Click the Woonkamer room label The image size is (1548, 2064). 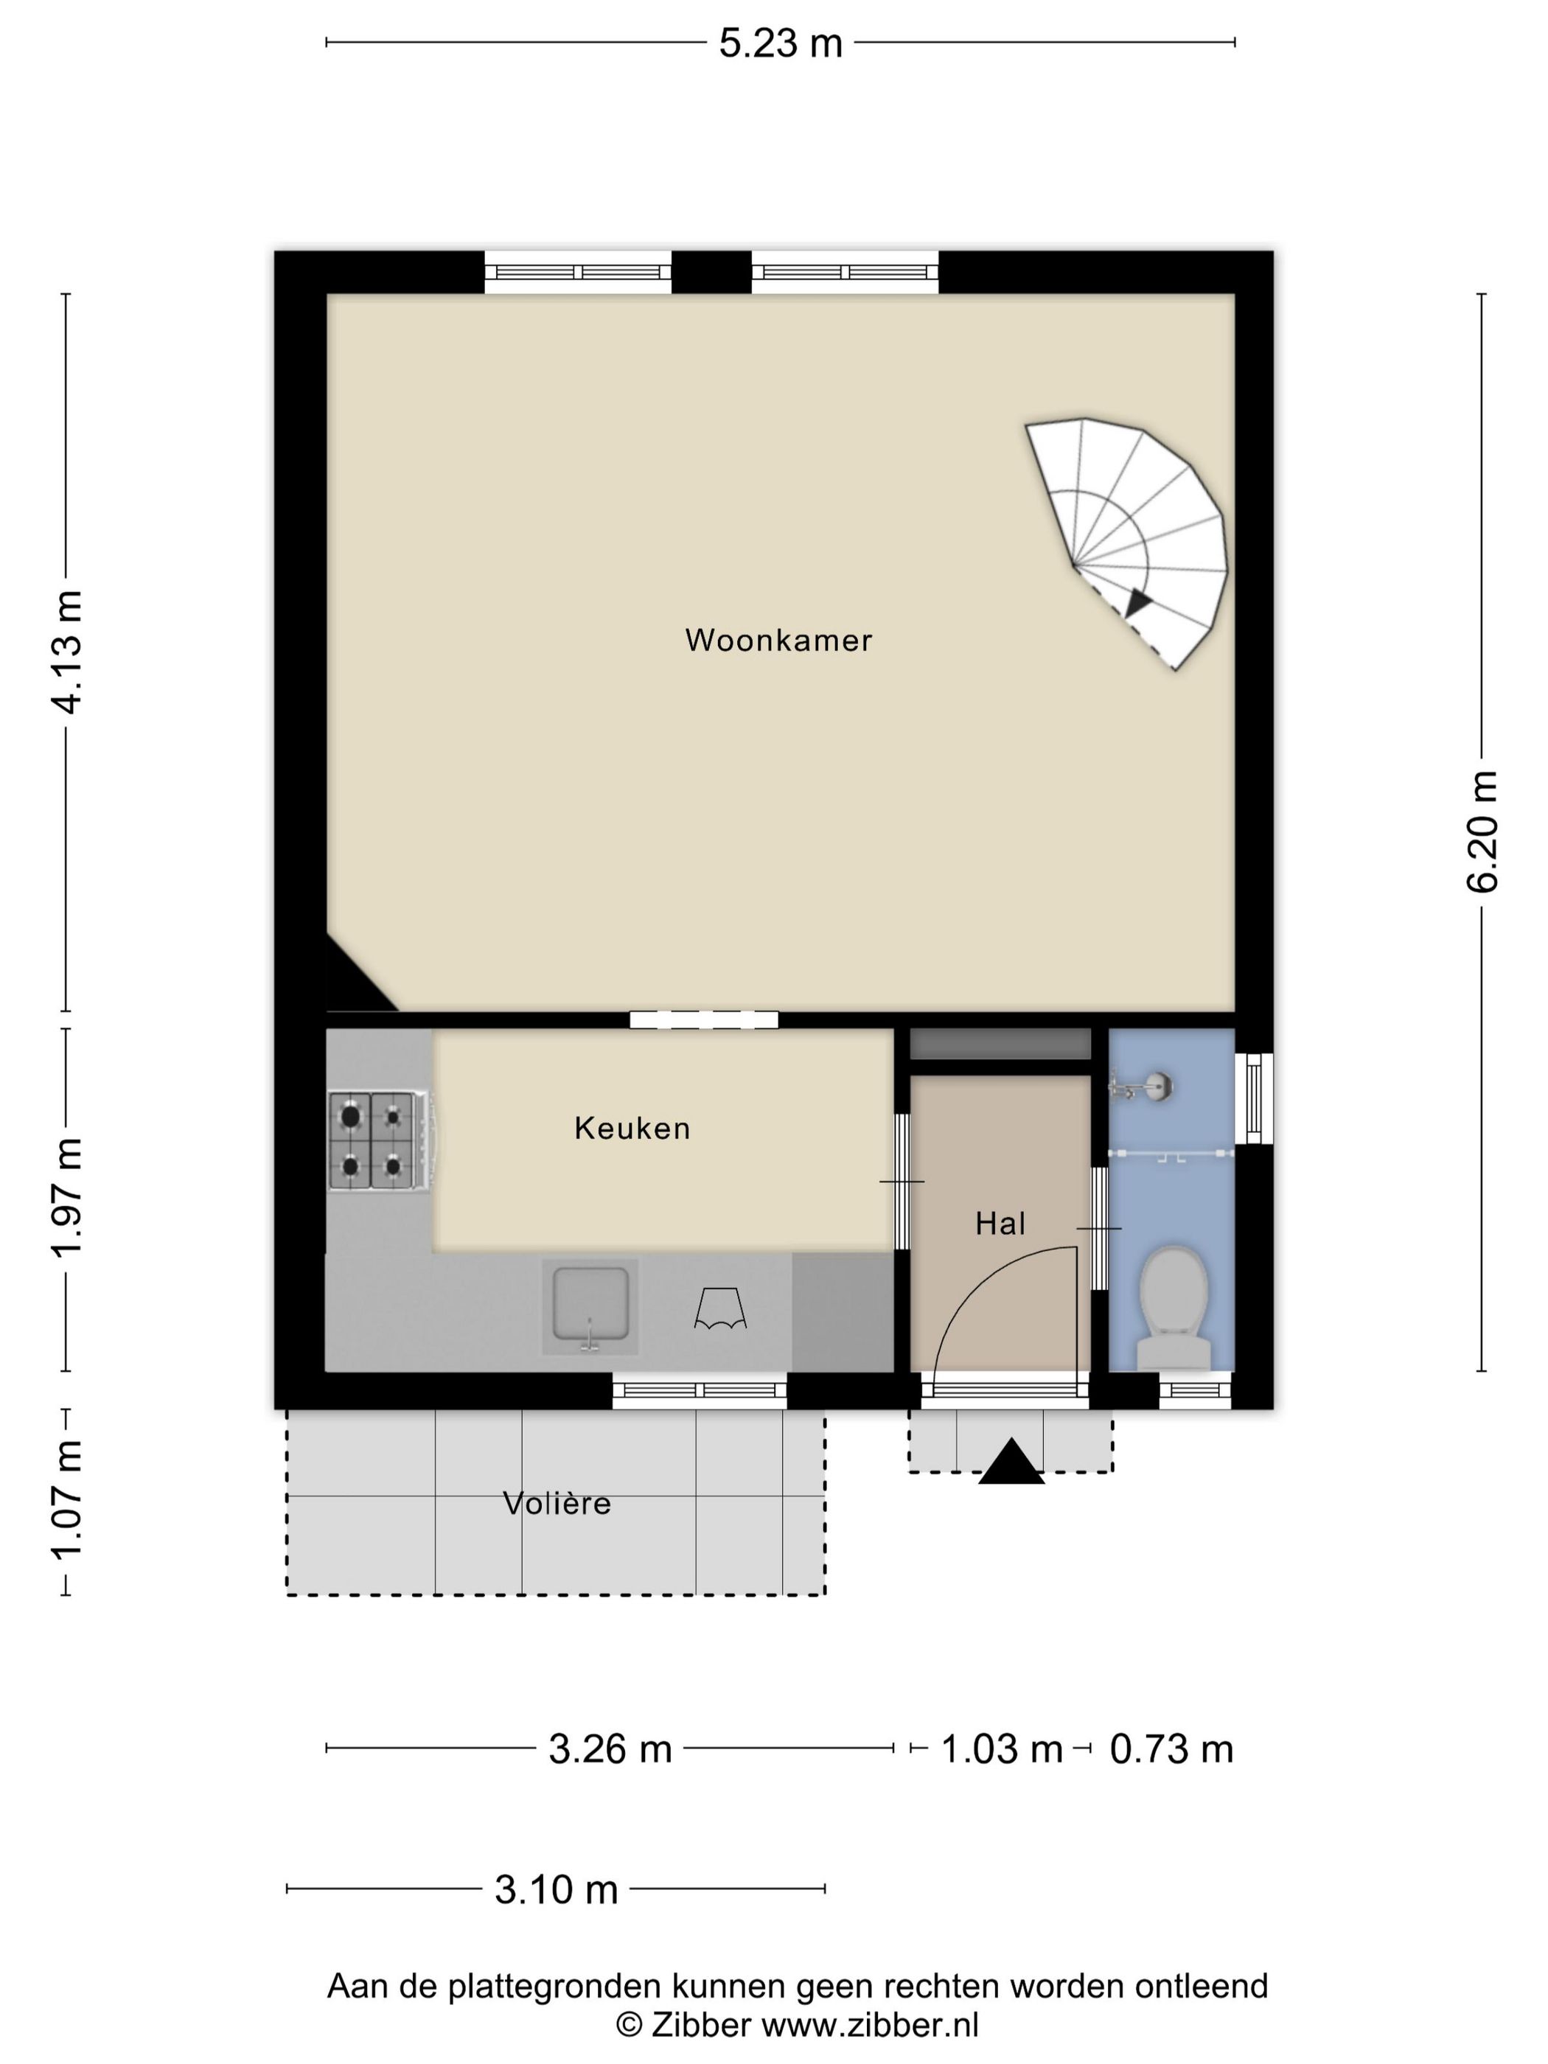click(x=778, y=640)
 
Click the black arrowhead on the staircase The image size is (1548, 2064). click(x=1137, y=603)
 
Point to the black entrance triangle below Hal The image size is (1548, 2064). click(x=1011, y=1461)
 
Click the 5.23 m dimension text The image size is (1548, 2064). click(x=780, y=43)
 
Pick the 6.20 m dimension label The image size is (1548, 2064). click(x=1482, y=831)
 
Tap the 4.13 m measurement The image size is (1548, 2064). click(x=66, y=652)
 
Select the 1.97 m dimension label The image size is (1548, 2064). click(x=66, y=1198)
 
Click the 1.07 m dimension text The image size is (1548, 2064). click(x=66, y=1499)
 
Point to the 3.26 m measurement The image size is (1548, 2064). click(x=610, y=1749)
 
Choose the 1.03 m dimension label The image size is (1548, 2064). click(x=1001, y=1749)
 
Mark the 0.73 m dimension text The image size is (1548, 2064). click(x=1171, y=1749)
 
